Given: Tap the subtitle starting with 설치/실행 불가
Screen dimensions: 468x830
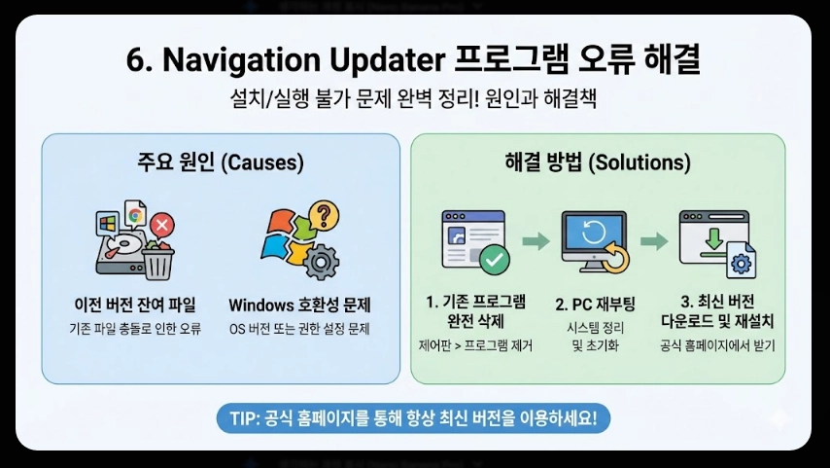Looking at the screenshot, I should point(414,99).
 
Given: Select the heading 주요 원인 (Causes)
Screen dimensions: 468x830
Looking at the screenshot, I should point(220,162).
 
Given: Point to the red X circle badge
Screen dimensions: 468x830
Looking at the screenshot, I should point(162,227).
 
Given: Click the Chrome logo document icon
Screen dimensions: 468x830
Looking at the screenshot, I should point(134,215).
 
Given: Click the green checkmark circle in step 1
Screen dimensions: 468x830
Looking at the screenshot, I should point(495,260).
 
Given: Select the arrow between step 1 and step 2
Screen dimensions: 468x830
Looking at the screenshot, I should point(536,241).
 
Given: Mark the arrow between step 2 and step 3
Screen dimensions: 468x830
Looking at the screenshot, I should point(654,241).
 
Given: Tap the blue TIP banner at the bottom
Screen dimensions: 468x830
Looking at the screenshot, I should point(414,419).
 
